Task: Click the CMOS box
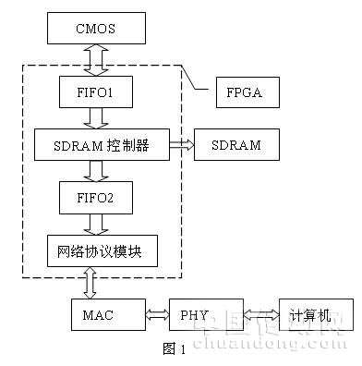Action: click(96, 29)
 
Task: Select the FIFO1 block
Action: click(96, 92)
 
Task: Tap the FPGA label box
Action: click(247, 92)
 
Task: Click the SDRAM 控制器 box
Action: click(102, 145)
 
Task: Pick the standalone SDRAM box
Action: click(236, 145)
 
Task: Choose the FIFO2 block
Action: click(96, 198)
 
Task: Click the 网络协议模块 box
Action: click(103, 251)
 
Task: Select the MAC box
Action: click(108, 314)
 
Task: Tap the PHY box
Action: click(206, 314)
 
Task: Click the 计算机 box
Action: click(316, 314)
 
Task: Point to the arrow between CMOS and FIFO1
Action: click(96, 60)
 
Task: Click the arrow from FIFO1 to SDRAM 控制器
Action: click(96, 118)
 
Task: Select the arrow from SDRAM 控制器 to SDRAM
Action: click(182, 145)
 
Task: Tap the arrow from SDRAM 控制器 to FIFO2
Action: click(96, 171)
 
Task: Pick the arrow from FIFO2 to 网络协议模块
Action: click(96, 225)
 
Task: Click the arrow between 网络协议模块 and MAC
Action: click(90, 283)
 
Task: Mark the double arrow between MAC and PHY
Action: click(157, 314)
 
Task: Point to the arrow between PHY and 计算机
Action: click(261, 314)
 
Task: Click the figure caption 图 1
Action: click(174, 348)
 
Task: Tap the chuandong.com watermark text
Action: click(271, 343)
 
